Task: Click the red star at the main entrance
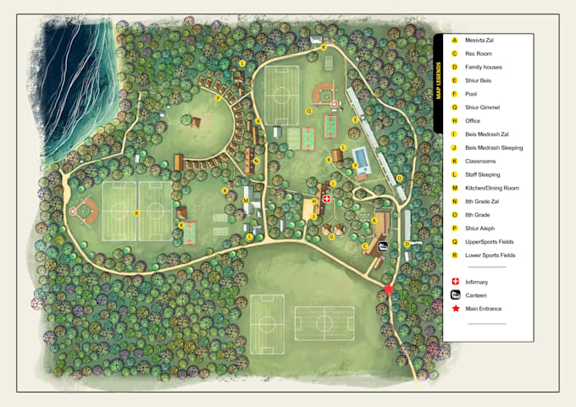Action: [x=389, y=289]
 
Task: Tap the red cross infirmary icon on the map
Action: [x=327, y=199]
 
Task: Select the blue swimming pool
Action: [x=360, y=158]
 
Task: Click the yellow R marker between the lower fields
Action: [x=136, y=212]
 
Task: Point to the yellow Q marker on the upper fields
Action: [x=308, y=111]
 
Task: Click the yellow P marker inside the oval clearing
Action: [x=218, y=98]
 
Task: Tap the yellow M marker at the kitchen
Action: [x=245, y=201]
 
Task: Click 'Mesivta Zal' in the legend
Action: [x=479, y=41]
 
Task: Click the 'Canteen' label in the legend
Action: [x=475, y=295]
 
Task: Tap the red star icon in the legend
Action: [x=455, y=309]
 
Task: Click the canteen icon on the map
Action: [x=383, y=247]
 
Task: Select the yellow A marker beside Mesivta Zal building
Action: [x=374, y=219]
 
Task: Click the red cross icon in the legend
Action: [x=455, y=282]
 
